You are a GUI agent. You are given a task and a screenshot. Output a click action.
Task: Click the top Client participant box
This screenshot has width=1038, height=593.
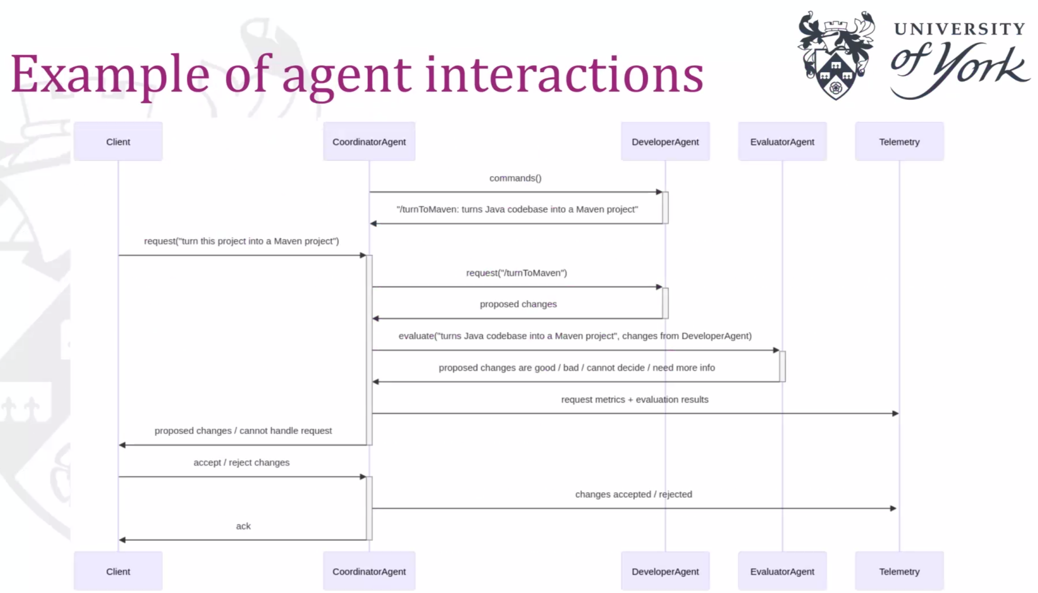tap(118, 141)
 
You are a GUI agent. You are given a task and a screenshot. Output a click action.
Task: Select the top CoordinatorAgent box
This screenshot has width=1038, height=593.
tap(369, 141)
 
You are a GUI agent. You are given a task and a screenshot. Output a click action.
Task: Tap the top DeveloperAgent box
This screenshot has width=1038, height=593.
tap(665, 141)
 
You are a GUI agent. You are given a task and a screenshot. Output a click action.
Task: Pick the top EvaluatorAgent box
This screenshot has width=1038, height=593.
tap(782, 141)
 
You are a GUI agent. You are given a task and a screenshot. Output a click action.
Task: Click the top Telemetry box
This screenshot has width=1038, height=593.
tap(899, 141)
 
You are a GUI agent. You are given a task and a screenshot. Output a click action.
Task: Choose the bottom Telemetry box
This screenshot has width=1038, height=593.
tap(899, 571)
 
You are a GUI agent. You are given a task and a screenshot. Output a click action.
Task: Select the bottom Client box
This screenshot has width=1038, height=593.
tap(118, 571)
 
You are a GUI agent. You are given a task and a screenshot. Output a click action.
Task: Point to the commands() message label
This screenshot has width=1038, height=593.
tap(515, 178)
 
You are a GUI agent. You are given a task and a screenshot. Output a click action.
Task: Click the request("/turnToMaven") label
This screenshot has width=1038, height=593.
tap(516, 273)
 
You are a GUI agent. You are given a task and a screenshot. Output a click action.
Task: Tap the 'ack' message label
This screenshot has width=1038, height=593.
tap(243, 526)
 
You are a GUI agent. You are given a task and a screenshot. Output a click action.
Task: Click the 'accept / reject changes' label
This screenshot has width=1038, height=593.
tap(241, 463)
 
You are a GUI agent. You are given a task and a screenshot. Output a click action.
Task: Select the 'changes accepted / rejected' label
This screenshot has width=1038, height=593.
tap(633, 495)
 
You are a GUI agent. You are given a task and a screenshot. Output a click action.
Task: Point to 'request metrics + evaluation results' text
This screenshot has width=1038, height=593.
tap(635, 399)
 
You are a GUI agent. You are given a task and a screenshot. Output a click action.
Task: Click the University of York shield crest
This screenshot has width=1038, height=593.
tap(835, 55)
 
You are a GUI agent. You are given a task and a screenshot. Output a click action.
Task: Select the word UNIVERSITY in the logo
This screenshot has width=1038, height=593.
tap(959, 29)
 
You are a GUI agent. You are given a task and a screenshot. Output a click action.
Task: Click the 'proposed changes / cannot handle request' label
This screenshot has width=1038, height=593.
tap(243, 431)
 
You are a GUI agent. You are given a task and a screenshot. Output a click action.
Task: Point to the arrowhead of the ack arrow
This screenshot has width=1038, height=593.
tap(122, 540)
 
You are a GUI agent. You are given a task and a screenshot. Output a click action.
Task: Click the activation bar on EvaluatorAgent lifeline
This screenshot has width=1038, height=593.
tap(782, 366)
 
